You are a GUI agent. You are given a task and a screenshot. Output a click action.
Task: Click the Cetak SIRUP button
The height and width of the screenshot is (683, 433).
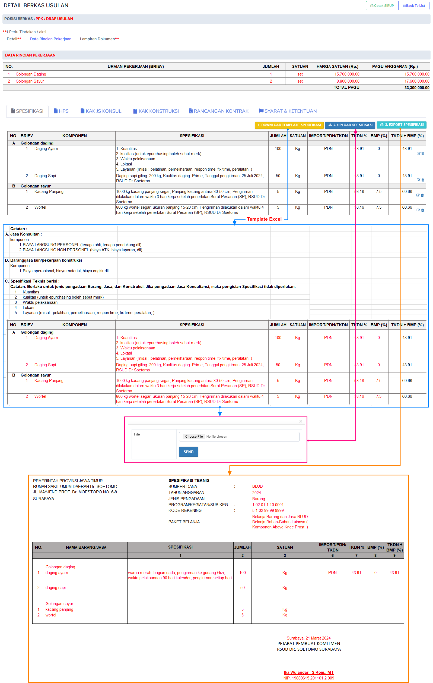(382, 6)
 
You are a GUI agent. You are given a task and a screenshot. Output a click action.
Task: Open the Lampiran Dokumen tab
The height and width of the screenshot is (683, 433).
(99, 39)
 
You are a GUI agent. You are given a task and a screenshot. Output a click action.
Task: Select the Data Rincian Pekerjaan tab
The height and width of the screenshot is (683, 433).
(51, 39)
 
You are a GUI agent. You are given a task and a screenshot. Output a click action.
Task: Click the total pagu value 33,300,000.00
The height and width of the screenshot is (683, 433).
(416, 88)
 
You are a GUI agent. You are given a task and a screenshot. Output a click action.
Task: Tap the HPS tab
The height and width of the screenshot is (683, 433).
(61, 111)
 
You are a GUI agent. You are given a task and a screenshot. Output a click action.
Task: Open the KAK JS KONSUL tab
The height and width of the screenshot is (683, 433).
(101, 111)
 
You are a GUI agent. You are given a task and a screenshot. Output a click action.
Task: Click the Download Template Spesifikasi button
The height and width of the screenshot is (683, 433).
(289, 125)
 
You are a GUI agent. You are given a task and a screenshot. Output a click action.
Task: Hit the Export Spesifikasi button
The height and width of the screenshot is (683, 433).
(401, 125)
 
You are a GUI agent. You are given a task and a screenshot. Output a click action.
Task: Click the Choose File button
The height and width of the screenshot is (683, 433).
(194, 437)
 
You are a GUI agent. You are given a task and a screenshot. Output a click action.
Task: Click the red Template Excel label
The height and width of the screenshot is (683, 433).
(264, 219)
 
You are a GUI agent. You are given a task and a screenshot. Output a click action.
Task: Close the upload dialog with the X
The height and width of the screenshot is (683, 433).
(301, 421)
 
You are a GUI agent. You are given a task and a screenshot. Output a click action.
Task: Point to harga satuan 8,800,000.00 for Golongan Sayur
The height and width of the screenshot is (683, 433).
(348, 81)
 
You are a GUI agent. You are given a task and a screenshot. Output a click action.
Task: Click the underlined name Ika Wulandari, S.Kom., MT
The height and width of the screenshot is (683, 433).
(309, 672)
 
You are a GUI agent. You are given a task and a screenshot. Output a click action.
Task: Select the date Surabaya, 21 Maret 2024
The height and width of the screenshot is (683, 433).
(308, 638)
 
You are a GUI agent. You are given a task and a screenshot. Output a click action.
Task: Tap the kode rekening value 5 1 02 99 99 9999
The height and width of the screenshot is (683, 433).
(268, 510)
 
